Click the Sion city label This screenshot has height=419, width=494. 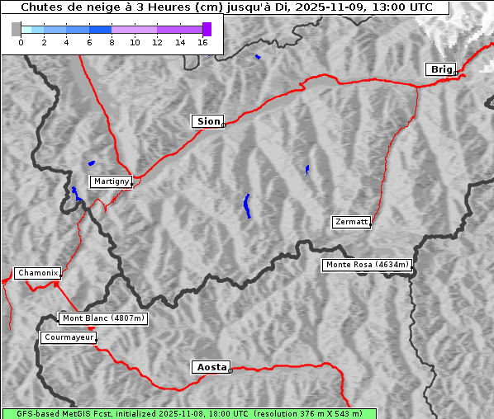[x=208, y=121]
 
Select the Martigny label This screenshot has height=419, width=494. [x=111, y=181]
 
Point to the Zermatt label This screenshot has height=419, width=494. [x=351, y=222]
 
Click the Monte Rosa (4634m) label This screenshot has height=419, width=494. [x=367, y=265]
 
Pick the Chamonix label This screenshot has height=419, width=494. [x=37, y=273]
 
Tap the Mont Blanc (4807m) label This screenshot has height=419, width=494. [x=103, y=318]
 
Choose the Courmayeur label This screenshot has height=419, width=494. [x=69, y=337]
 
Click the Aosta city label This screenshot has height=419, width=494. [x=211, y=367]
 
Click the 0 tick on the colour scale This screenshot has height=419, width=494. [x=21, y=43]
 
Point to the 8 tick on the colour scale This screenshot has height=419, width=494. [x=112, y=43]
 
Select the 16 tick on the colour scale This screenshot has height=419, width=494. [x=202, y=43]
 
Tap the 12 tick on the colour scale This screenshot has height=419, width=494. [x=157, y=43]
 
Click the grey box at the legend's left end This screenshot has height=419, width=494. [x=17, y=29]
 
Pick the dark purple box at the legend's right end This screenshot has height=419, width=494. [x=207, y=29]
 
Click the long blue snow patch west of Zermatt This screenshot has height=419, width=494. [x=247, y=206]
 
